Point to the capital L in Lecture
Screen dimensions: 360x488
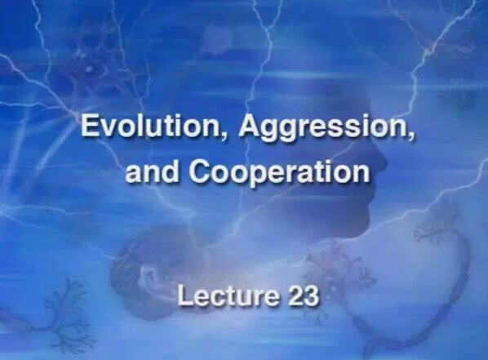(184, 295)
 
